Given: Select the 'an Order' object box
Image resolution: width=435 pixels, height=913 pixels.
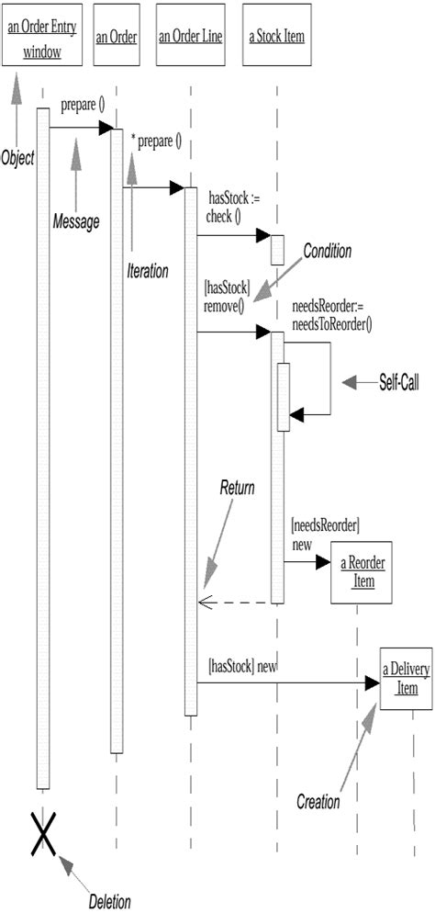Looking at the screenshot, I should (x=117, y=38).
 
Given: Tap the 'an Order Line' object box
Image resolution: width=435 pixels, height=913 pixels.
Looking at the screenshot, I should (x=190, y=38).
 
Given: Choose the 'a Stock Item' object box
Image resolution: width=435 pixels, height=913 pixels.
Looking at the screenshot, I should (x=276, y=38).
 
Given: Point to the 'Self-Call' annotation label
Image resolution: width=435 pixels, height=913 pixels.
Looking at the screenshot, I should (x=398, y=382).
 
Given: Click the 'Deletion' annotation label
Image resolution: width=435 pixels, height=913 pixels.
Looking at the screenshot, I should (x=109, y=901).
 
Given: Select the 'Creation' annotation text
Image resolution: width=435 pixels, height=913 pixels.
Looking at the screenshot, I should (x=318, y=802).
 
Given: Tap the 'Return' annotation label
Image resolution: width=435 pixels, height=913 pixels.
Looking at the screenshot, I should (x=236, y=489).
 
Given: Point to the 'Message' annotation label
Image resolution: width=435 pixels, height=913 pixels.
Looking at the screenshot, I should (x=75, y=221).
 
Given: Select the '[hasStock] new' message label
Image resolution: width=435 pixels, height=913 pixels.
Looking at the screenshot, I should (x=242, y=665).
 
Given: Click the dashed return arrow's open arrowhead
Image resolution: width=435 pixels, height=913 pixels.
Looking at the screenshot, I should (x=204, y=603).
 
